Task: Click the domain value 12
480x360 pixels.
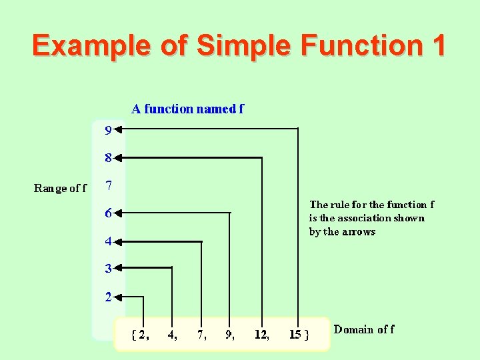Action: [x=261, y=335]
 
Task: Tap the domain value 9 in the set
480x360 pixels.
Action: [x=229, y=335]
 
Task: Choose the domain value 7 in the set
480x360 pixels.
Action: [x=200, y=335]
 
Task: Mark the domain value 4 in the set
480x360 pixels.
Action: [x=171, y=335]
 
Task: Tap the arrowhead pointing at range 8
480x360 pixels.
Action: [x=120, y=158]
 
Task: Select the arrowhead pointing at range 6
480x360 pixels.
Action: [x=120, y=213]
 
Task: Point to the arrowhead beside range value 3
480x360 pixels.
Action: [x=120, y=268]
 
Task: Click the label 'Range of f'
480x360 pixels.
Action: [x=60, y=188]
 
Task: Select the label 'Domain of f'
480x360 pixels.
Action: [x=363, y=329]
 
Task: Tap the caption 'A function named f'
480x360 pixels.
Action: [x=187, y=109]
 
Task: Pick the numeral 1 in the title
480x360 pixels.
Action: [x=437, y=45]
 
